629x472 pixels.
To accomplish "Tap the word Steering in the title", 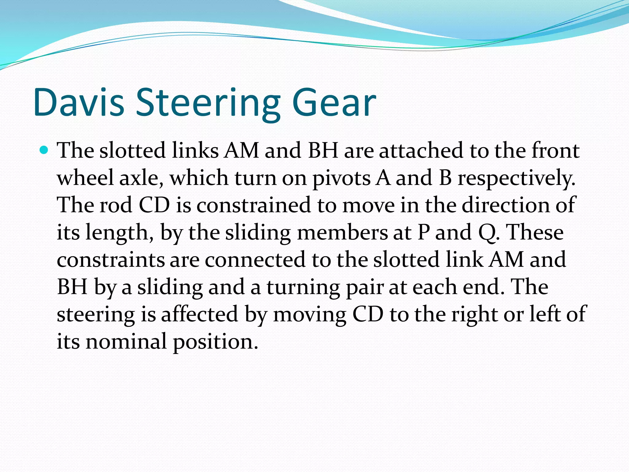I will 208,104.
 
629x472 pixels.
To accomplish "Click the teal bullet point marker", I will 45,150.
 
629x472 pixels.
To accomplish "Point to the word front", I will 556,151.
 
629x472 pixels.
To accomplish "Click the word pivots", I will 341,179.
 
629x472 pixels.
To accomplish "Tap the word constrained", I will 254,205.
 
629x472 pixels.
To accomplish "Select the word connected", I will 255,260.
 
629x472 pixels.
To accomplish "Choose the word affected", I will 200,314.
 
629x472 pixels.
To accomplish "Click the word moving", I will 310,315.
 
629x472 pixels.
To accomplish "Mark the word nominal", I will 126,341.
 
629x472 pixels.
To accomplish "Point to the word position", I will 215,342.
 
